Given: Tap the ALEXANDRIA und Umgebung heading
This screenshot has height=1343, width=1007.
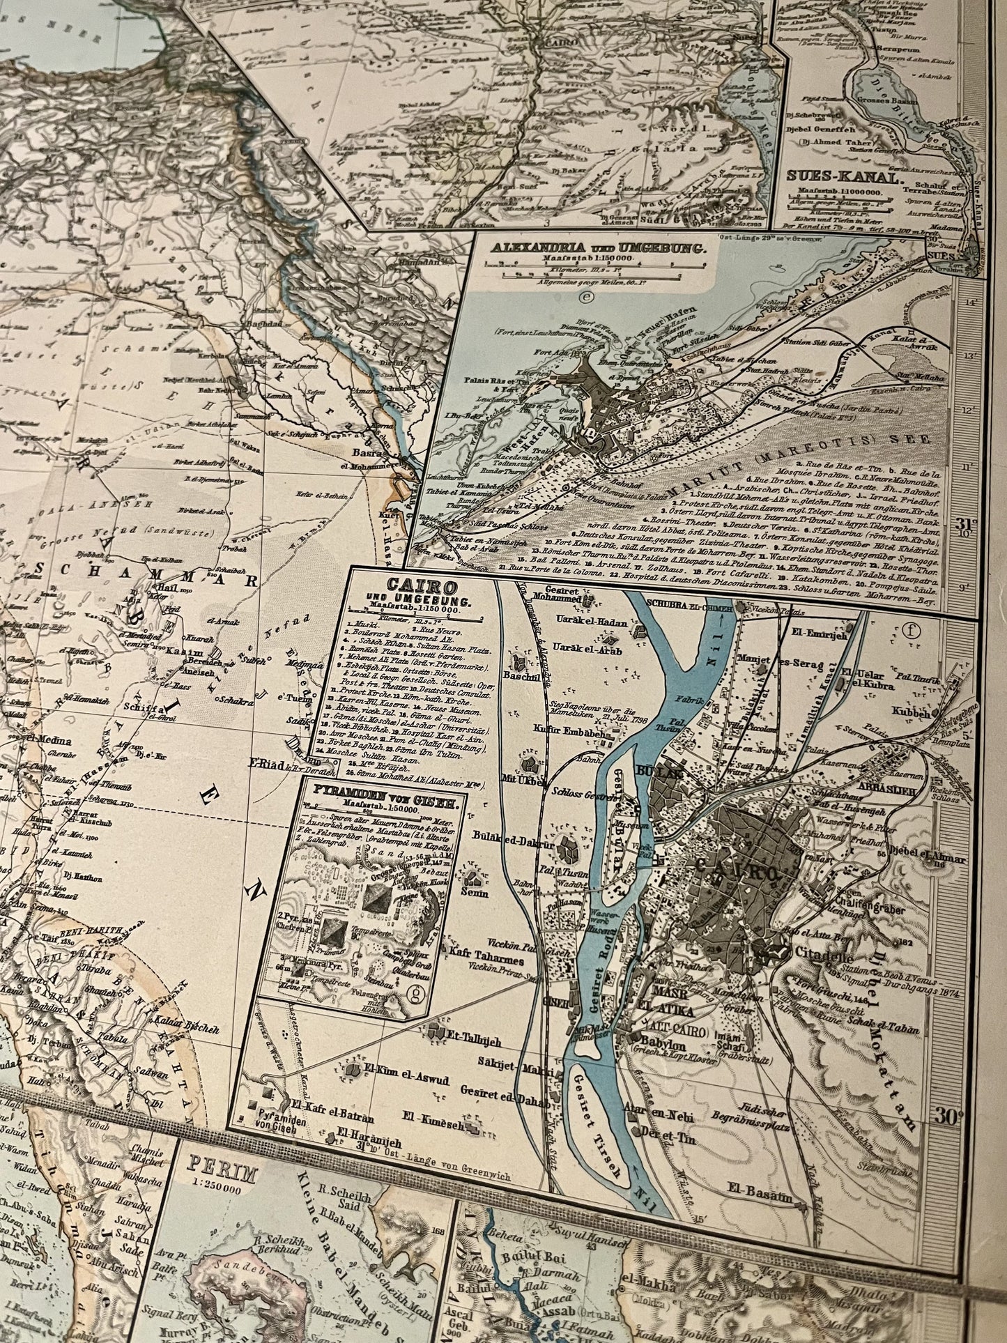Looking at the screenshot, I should click(598, 247).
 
